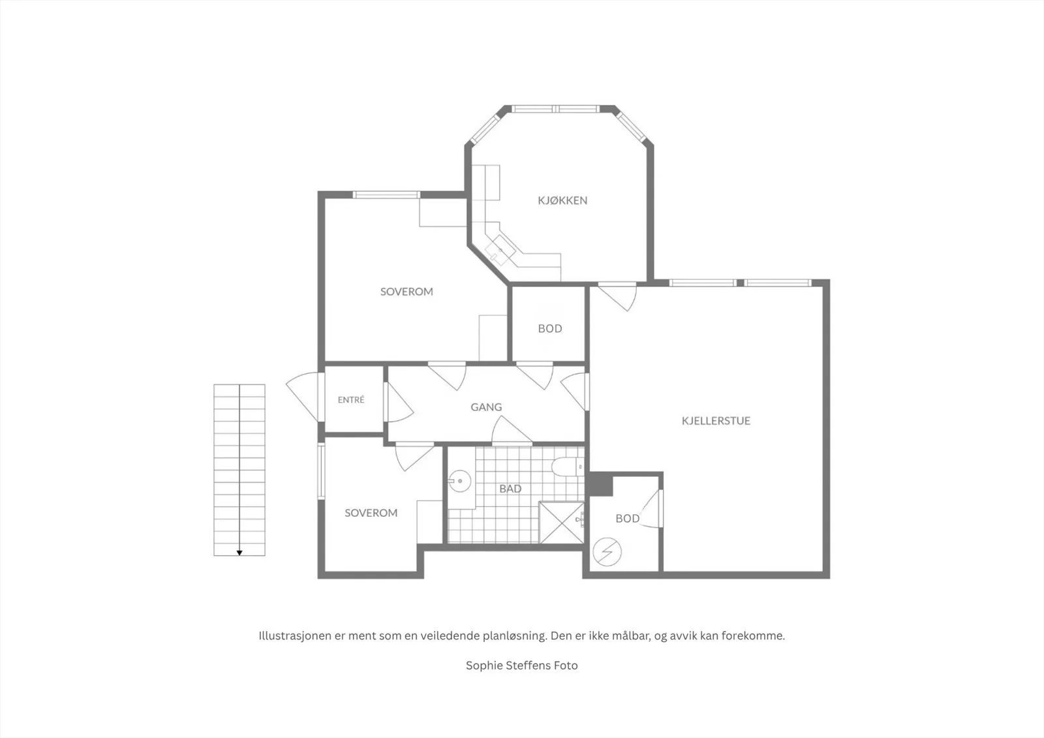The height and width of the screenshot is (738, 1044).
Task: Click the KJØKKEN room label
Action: (x=562, y=200)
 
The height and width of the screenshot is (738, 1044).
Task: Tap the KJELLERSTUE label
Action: (x=716, y=421)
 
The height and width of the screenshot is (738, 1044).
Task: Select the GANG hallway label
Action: (x=486, y=407)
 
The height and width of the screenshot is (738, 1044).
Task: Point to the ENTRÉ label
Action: (x=351, y=399)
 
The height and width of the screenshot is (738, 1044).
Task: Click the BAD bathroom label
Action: (x=510, y=489)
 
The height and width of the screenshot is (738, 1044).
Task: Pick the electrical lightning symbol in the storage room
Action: (x=607, y=552)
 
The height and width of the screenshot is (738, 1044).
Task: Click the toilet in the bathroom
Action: (x=567, y=467)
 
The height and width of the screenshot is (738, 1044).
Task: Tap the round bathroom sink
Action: (x=459, y=481)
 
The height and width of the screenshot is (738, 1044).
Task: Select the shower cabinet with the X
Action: (x=562, y=522)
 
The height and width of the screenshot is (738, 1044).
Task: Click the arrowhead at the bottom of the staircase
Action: (x=239, y=553)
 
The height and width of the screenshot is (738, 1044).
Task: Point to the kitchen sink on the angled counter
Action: (x=500, y=251)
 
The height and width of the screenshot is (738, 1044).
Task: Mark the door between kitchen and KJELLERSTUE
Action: (x=617, y=296)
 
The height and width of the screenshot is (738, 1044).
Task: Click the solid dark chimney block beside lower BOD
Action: (x=601, y=485)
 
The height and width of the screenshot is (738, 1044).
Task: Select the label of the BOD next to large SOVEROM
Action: (x=550, y=329)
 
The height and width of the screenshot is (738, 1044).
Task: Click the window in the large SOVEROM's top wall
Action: (x=386, y=195)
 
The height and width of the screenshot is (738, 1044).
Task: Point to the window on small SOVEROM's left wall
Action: (x=321, y=471)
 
